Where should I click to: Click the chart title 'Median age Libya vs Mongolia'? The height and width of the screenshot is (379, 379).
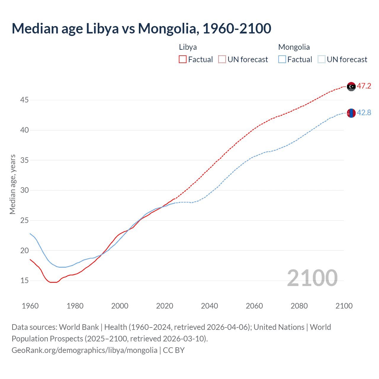141,28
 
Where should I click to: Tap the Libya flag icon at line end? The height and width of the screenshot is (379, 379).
351,86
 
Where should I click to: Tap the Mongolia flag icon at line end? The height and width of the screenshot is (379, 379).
351,113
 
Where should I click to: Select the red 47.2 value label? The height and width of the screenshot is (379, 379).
364,86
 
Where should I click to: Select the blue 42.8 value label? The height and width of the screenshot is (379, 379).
364,113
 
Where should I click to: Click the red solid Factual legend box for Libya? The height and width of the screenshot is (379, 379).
183,60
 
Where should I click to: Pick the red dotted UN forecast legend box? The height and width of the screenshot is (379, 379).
222,60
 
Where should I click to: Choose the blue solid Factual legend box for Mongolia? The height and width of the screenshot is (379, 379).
282,60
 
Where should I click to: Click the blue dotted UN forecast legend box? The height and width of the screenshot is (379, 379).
322,60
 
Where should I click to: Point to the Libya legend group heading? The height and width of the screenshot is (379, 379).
188,47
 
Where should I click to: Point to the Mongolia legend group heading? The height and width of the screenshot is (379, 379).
294,47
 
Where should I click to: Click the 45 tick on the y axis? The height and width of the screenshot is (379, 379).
24,100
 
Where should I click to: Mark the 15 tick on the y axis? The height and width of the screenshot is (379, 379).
24,281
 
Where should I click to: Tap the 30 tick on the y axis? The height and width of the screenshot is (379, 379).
24,190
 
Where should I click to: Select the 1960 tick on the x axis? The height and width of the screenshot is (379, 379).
30,306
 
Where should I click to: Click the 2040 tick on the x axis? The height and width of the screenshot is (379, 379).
209,306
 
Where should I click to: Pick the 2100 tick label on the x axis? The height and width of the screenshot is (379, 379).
344,306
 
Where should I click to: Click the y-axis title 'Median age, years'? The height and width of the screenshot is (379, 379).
12,184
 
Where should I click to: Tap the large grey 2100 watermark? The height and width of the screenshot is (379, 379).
312,278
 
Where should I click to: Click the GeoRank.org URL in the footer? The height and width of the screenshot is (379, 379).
84,350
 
